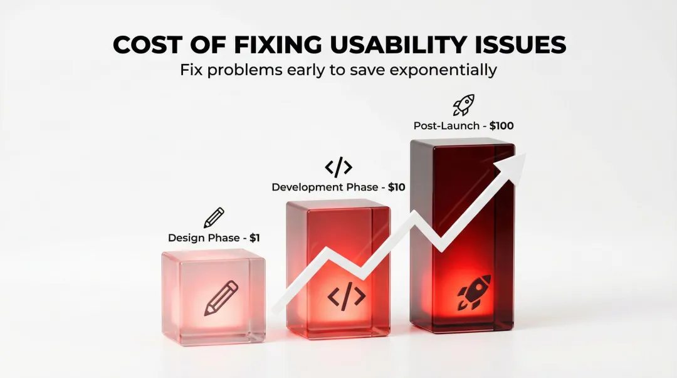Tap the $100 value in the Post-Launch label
tap(501, 126)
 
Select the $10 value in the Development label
tap(397, 187)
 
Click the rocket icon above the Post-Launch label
tap(464, 105)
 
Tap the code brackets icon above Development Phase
tap(338, 167)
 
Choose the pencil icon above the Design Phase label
tap(214, 218)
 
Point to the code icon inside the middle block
tap(347, 296)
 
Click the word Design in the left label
tap(186, 238)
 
